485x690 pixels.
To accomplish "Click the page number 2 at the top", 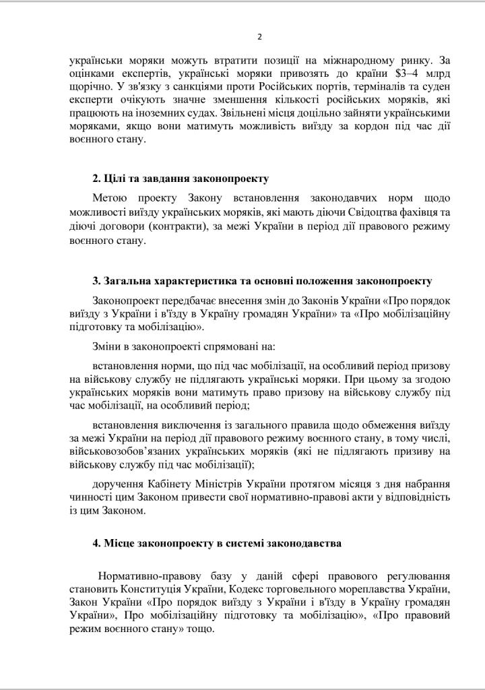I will tap(259, 36).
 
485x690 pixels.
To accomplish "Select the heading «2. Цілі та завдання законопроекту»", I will tap(181, 179).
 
